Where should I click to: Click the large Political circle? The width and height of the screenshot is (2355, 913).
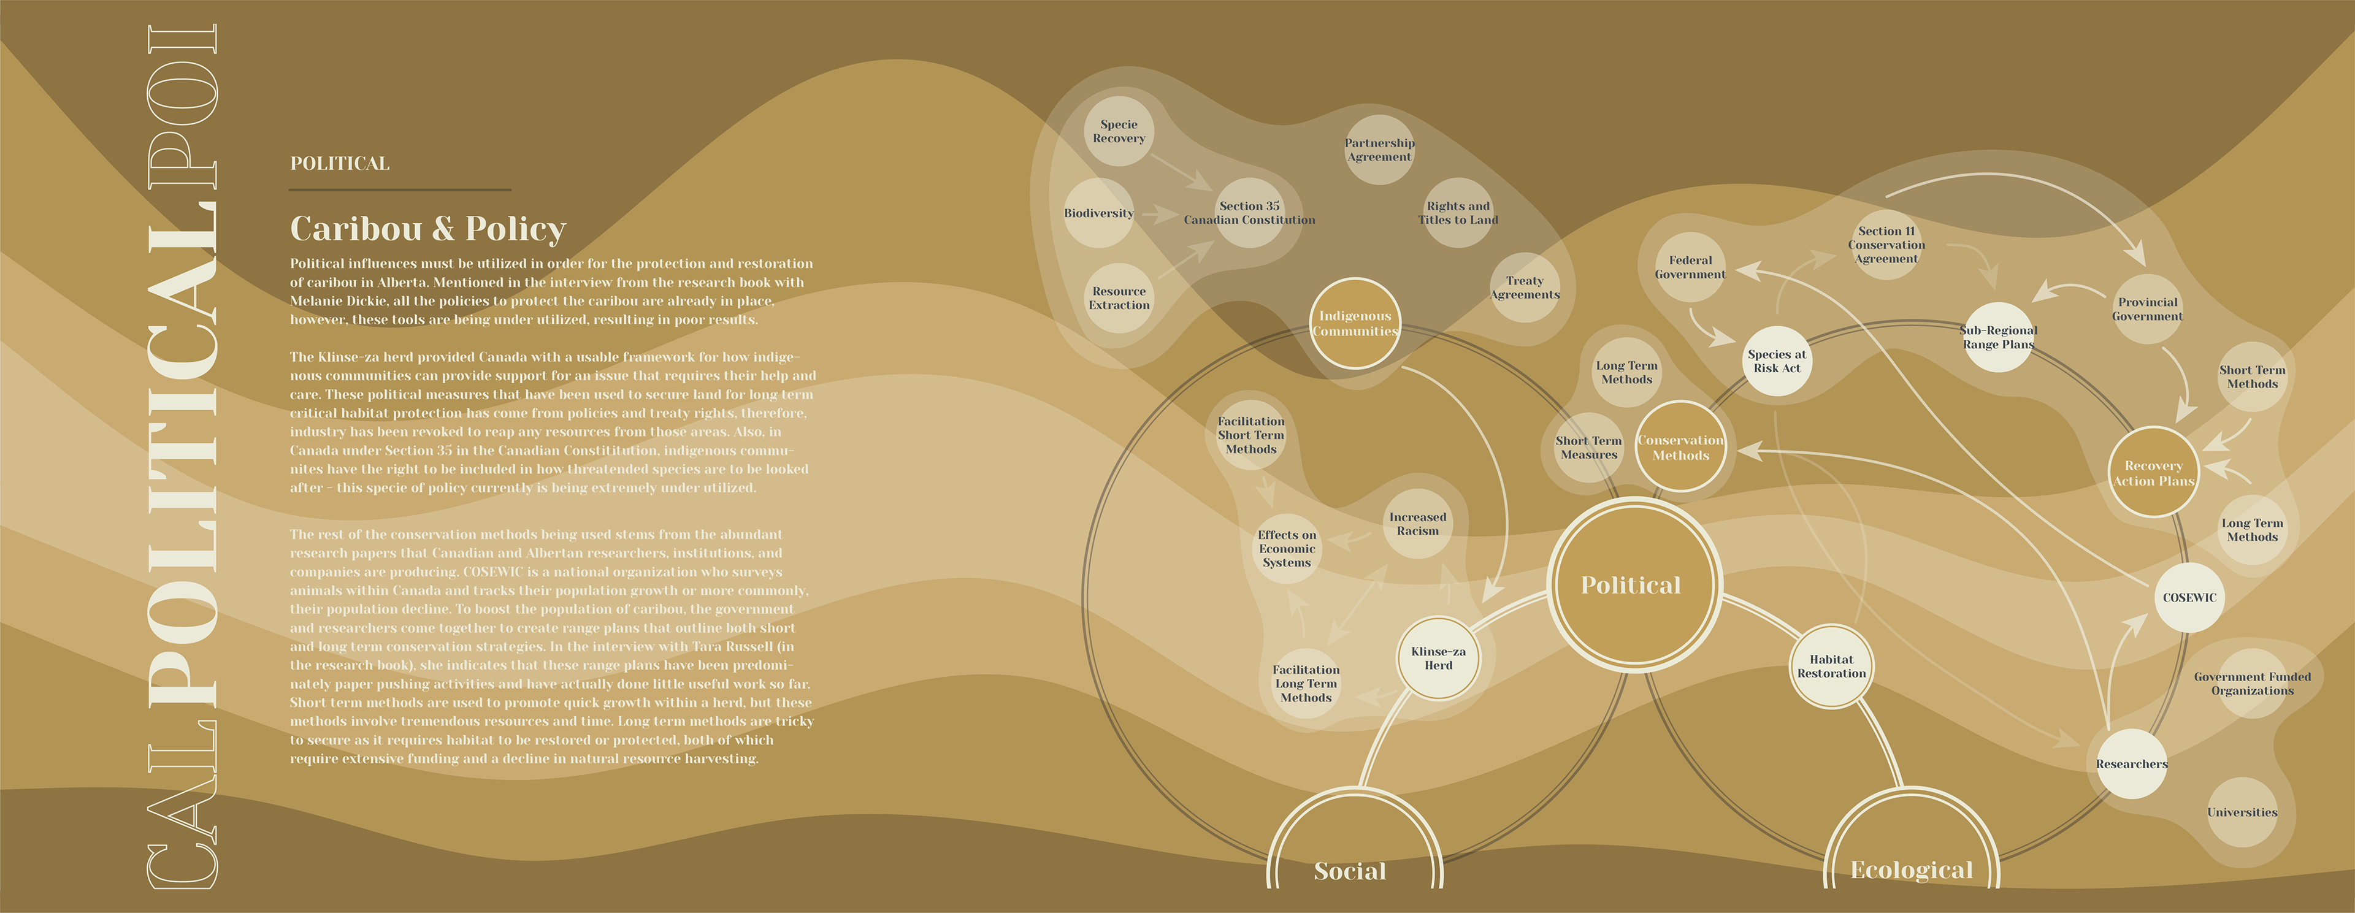click(1631, 586)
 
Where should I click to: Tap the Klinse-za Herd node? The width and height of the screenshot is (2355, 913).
click(1438, 658)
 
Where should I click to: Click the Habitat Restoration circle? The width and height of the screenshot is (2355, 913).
click(1831, 667)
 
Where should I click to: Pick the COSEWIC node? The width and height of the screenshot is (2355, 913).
click(2189, 598)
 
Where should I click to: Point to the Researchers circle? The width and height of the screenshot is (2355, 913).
click(2131, 764)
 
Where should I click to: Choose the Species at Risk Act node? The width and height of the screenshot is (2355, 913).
click(1776, 361)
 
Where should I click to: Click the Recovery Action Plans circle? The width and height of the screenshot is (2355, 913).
click(2153, 473)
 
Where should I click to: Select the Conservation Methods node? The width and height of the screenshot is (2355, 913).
click(1680, 448)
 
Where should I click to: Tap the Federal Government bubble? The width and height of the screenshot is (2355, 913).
click(1690, 267)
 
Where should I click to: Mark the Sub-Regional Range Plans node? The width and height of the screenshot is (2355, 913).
click(1999, 337)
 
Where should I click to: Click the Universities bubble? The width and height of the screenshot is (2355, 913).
click(2242, 812)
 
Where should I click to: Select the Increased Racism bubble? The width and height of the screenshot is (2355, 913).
click(1417, 524)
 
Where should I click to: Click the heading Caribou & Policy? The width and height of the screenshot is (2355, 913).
click(428, 229)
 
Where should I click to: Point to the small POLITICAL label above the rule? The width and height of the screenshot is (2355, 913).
click(339, 164)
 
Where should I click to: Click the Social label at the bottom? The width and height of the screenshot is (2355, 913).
click(1349, 871)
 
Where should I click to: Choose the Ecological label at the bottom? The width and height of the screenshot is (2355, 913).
click(1912, 870)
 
